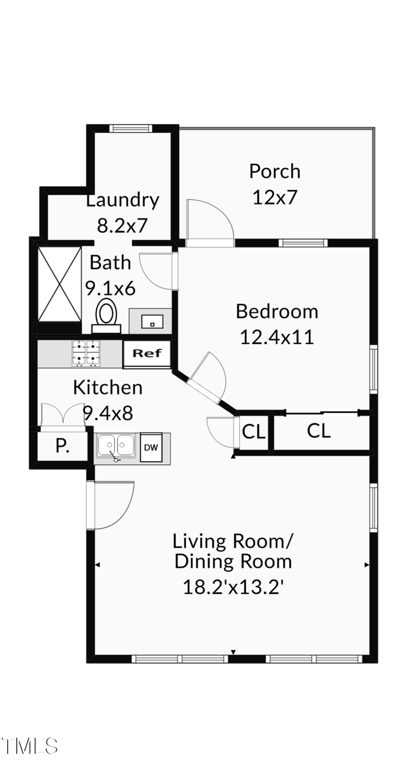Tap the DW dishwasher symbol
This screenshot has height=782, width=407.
pyautogui.click(x=151, y=447)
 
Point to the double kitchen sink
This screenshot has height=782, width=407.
pyautogui.click(x=117, y=446)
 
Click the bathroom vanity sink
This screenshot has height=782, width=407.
pyautogui.click(x=152, y=322)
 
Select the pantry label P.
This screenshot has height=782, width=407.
pyautogui.click(x=62, y=446)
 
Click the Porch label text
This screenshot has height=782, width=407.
pyautogui.click(x=275, y=171)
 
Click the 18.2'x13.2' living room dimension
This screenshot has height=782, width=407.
pyautogui.click(x=232, y=587)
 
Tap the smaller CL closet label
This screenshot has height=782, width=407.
pyautogui.click(x=254, y=432)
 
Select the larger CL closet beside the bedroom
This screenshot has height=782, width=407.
pyautogui.click(x=319, y=431)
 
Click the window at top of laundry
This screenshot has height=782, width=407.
pyautogui.click(x=131, y=128)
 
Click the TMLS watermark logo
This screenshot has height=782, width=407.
pyautogui.click(x=30, y=746)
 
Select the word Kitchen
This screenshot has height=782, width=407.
pyautogui.click(x=107, y=387)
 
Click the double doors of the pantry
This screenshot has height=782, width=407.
pyautogui.click(x=63, y=414)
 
